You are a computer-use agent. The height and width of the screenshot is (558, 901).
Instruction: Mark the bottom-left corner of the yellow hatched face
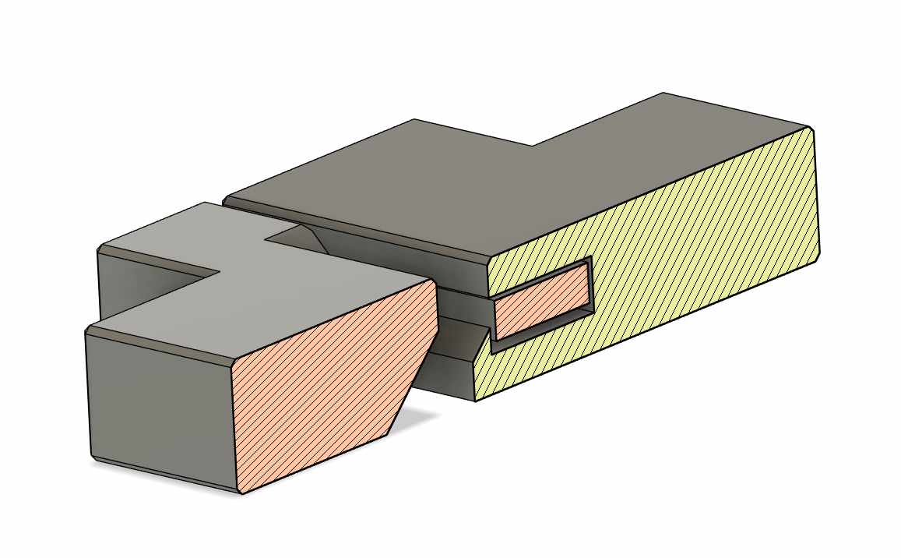pos(476,401)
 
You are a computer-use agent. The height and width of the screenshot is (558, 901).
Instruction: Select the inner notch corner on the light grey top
pos(219,273)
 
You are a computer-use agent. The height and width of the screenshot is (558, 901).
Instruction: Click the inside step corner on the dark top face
pos(533,146)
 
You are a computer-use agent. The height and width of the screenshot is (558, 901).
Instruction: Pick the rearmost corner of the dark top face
pos(663,93)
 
